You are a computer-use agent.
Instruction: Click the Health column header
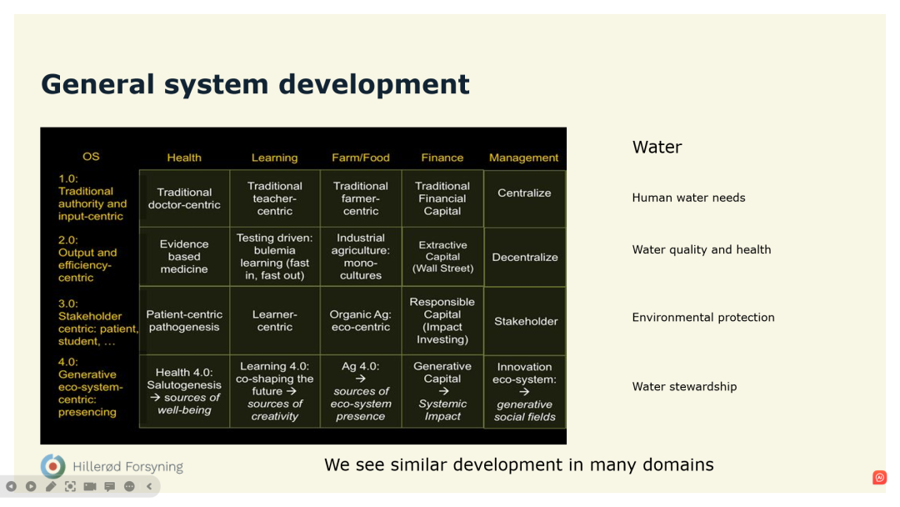[183, 158]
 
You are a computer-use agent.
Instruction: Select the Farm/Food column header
[361, 158]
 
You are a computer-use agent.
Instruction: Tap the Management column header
[523, 158]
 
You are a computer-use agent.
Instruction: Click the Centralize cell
[525, 198]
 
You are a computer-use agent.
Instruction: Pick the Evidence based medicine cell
[184, 257]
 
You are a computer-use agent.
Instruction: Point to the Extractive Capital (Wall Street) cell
[442, 257]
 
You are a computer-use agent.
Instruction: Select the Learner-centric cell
[275, 320]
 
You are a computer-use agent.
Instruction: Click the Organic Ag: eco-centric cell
[361, 320]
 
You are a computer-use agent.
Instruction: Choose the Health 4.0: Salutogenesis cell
[184, 391]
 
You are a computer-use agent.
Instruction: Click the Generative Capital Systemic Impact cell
[442, 391]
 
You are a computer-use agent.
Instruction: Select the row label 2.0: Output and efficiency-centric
[87, 259]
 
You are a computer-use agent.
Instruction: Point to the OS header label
[91, 157]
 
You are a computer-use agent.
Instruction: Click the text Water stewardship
[684, 386]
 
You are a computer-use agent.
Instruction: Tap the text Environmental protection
[703, 318]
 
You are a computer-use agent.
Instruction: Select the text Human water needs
[689, 198]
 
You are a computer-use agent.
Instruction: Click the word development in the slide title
[373, 84]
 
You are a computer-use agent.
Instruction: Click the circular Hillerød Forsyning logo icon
[52, 466]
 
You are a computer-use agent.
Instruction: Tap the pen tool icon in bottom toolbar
[51, 486]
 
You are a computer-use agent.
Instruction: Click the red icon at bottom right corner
[879, 477]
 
